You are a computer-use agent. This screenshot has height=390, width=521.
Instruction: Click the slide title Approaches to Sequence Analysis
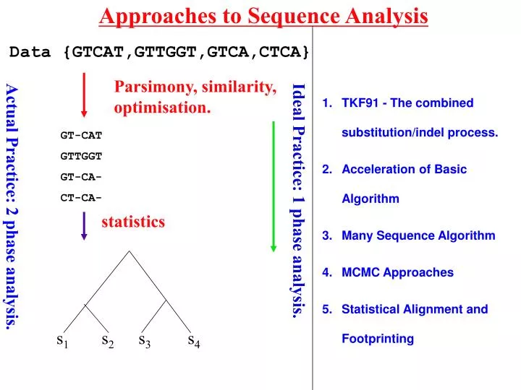click(x=263, y=15)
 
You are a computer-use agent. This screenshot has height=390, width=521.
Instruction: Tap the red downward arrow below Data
click(x=85, y=93)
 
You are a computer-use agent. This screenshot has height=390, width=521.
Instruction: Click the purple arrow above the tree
click(x=85, y=225)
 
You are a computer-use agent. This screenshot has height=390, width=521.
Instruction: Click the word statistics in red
click(x=133, y=222)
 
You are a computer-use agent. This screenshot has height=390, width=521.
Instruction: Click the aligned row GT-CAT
click(x=80, y=135)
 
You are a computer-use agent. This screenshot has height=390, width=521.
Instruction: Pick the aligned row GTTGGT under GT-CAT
click(x=80, y=156)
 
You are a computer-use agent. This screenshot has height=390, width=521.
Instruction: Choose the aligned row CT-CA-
click(x=80, y=197)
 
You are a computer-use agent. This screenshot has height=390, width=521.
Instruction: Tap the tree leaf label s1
click(x=62, y=341)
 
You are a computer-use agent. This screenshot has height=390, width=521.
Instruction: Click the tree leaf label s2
click(x=108, y=341)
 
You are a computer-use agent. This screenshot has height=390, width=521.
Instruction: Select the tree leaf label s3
click(x=144, y=341)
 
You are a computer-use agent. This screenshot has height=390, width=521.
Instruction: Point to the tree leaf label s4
click(x=193, y=341)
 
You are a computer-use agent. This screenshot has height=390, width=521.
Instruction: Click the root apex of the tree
click(x=130, y=251)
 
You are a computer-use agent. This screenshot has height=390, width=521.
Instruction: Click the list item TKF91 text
click(x=407, y=103)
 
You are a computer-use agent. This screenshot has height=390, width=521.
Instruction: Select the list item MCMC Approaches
click(x=397, y=272)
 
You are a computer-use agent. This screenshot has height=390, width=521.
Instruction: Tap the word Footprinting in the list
click(x=378, y=339)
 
